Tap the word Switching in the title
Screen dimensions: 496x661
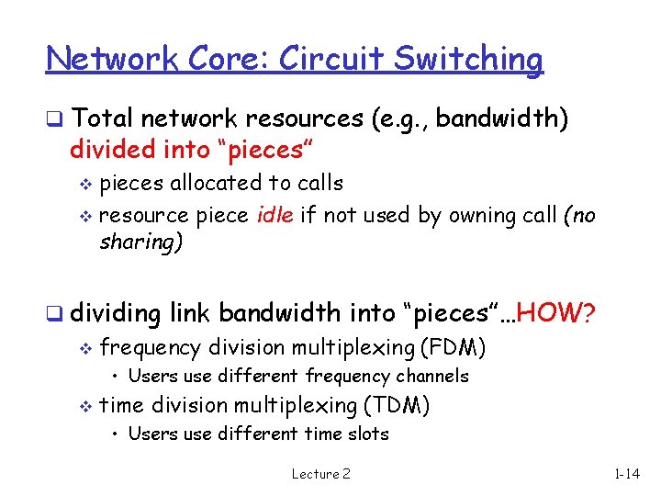point(468,60)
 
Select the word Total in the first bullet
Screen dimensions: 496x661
point(102,118)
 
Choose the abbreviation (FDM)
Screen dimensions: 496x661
point(453,347)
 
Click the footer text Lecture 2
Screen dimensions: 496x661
point(320,474)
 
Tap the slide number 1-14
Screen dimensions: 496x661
point(628,474)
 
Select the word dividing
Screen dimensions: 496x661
point(115,313)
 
